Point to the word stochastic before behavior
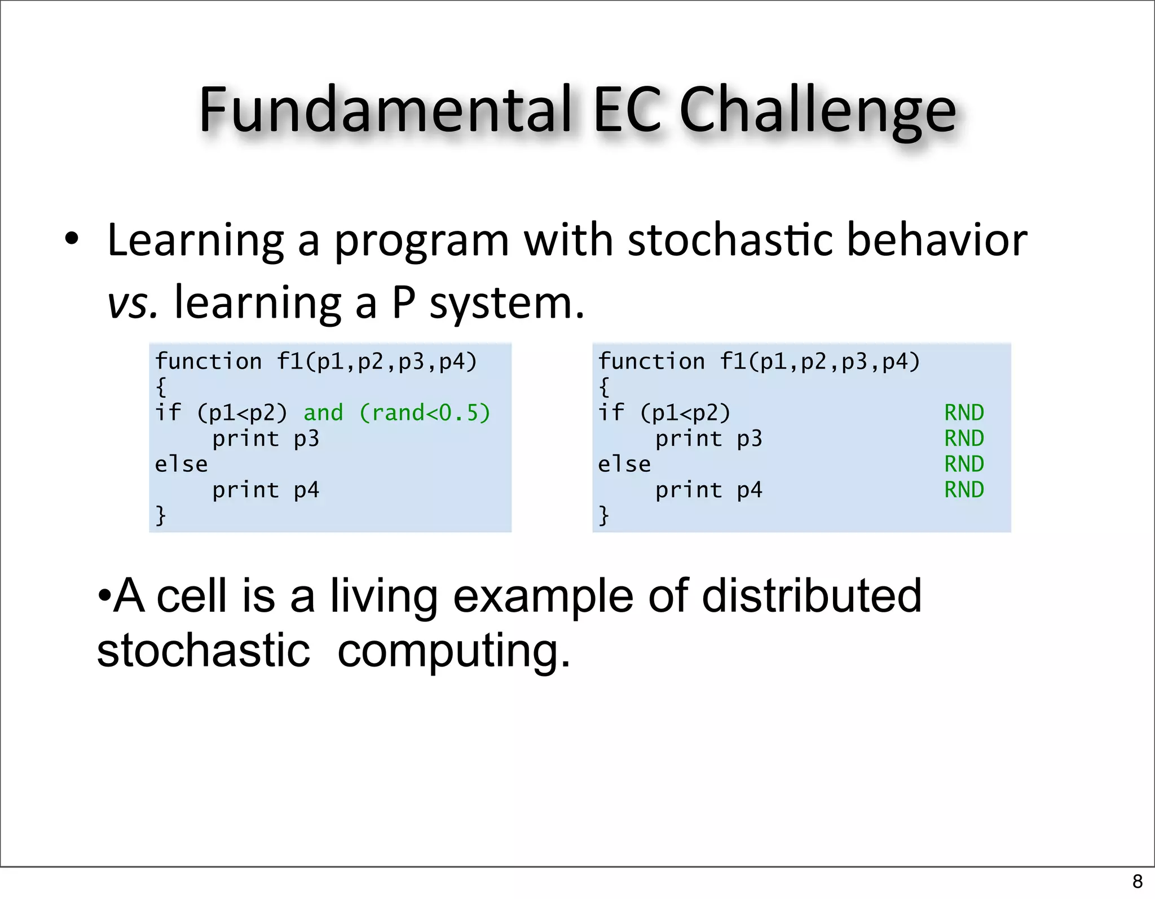[x=730, y=240]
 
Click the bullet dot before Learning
[x=71, y=239]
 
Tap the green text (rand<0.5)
[x=425, y=413]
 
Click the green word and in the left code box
[x=323, y=413]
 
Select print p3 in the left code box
[x=265, y=438]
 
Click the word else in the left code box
[x=181, y=464]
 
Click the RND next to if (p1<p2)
[x=964, y=413]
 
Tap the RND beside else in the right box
[x=964, y=464]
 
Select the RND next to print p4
[x=964, y=489]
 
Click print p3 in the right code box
[x=708, y=438]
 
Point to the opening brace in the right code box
[x=604, y=387]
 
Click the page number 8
[x=1137, y=881]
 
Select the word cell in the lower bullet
[x=191, y=596]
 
